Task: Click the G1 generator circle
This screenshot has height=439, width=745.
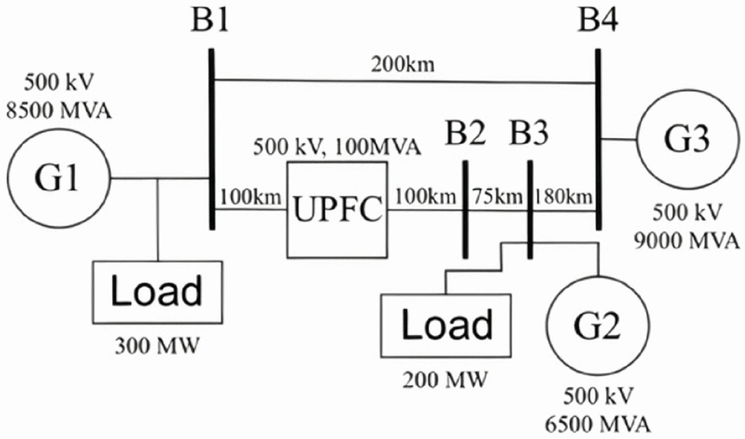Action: (x=59, y=178)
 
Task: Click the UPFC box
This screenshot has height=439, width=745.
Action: (x=337, y=210)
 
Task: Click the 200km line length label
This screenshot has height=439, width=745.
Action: (x=403, y=65)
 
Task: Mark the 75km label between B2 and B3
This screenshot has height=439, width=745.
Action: (x=497, y=197)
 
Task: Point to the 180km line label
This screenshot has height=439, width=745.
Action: (x=564, y=197)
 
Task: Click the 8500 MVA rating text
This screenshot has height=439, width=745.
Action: (x=59, y=111)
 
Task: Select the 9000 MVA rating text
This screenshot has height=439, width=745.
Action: (x=686, y=241)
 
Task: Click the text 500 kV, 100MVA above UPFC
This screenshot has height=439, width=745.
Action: (x=337, y=147)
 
